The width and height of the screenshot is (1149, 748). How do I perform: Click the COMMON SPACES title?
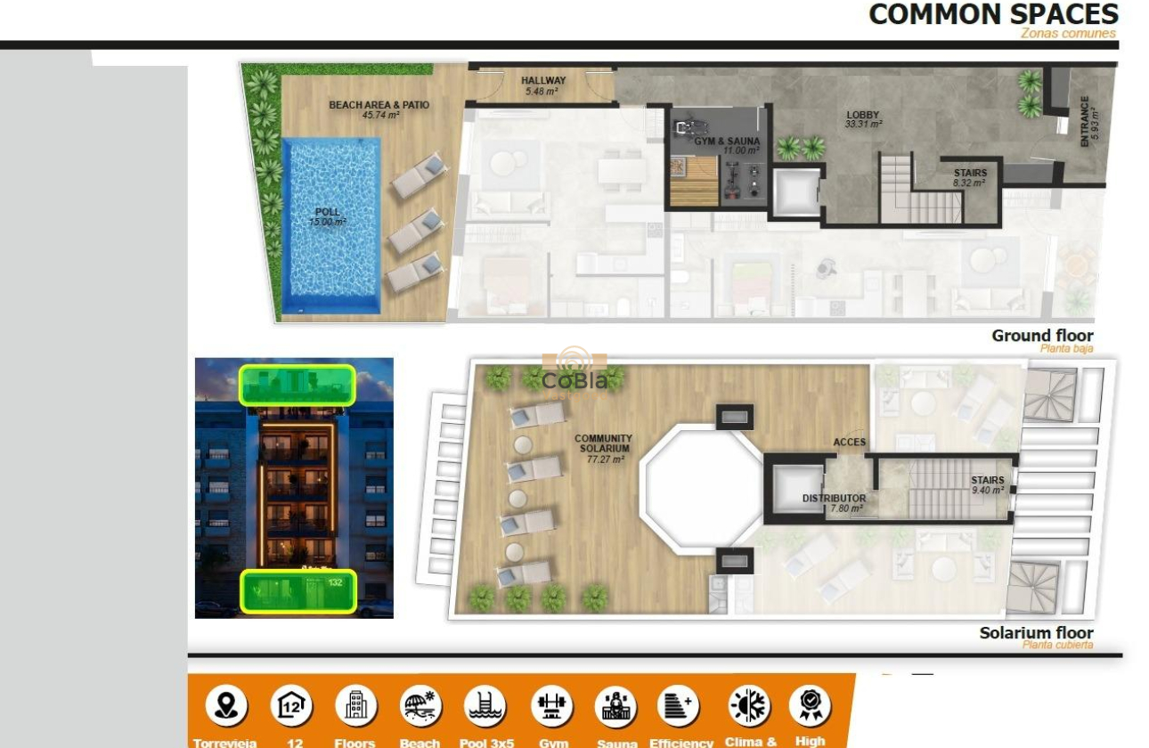992,14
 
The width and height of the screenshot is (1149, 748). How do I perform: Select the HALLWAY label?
542,81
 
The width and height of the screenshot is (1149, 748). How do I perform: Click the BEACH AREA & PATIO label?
379,105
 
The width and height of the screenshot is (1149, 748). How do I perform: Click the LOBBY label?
862,115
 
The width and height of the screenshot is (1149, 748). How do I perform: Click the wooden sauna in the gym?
694,182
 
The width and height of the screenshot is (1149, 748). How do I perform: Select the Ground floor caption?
1042,336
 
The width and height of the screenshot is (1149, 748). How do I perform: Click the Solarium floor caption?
1036,633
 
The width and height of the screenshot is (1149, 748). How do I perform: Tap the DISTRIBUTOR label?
834,499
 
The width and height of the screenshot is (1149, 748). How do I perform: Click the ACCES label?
849,442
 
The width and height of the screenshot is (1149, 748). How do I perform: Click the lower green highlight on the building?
297,591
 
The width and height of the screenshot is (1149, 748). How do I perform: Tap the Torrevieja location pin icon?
226,706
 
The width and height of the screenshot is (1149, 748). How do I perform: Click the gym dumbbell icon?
551,706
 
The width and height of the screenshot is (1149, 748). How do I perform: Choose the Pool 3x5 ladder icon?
485,706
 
